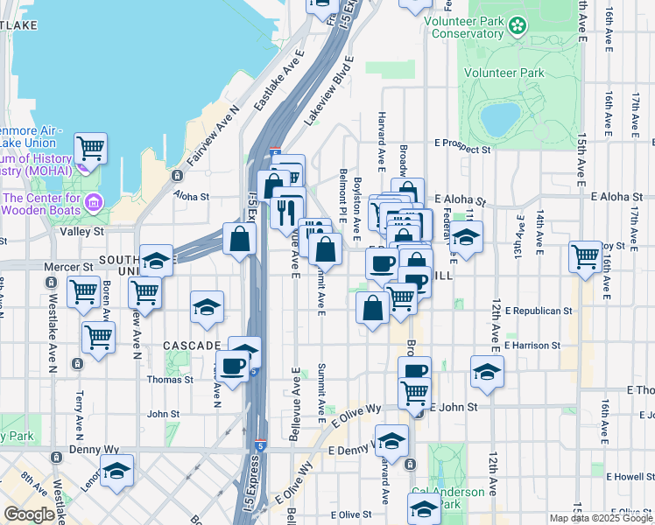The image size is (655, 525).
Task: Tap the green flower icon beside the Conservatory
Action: click(518, 26)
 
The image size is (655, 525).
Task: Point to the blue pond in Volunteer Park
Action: click(500, 119)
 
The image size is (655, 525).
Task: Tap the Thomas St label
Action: click(170, 380)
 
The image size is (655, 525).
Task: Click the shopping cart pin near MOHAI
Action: click(91, 147)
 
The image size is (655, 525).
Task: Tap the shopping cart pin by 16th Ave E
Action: click(585, 255)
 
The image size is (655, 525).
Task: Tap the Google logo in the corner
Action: click(29, 514)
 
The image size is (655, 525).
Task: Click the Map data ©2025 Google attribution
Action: click(601, 518)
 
